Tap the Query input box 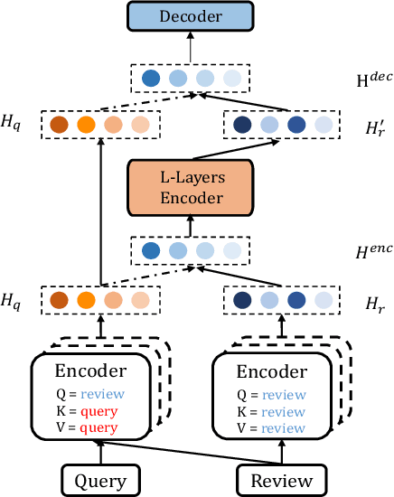pos(101,479)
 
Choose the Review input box pos(279,479)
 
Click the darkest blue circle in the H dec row pos(151,79)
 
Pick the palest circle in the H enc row pos(232,250)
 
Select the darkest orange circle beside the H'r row pos(59,126)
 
